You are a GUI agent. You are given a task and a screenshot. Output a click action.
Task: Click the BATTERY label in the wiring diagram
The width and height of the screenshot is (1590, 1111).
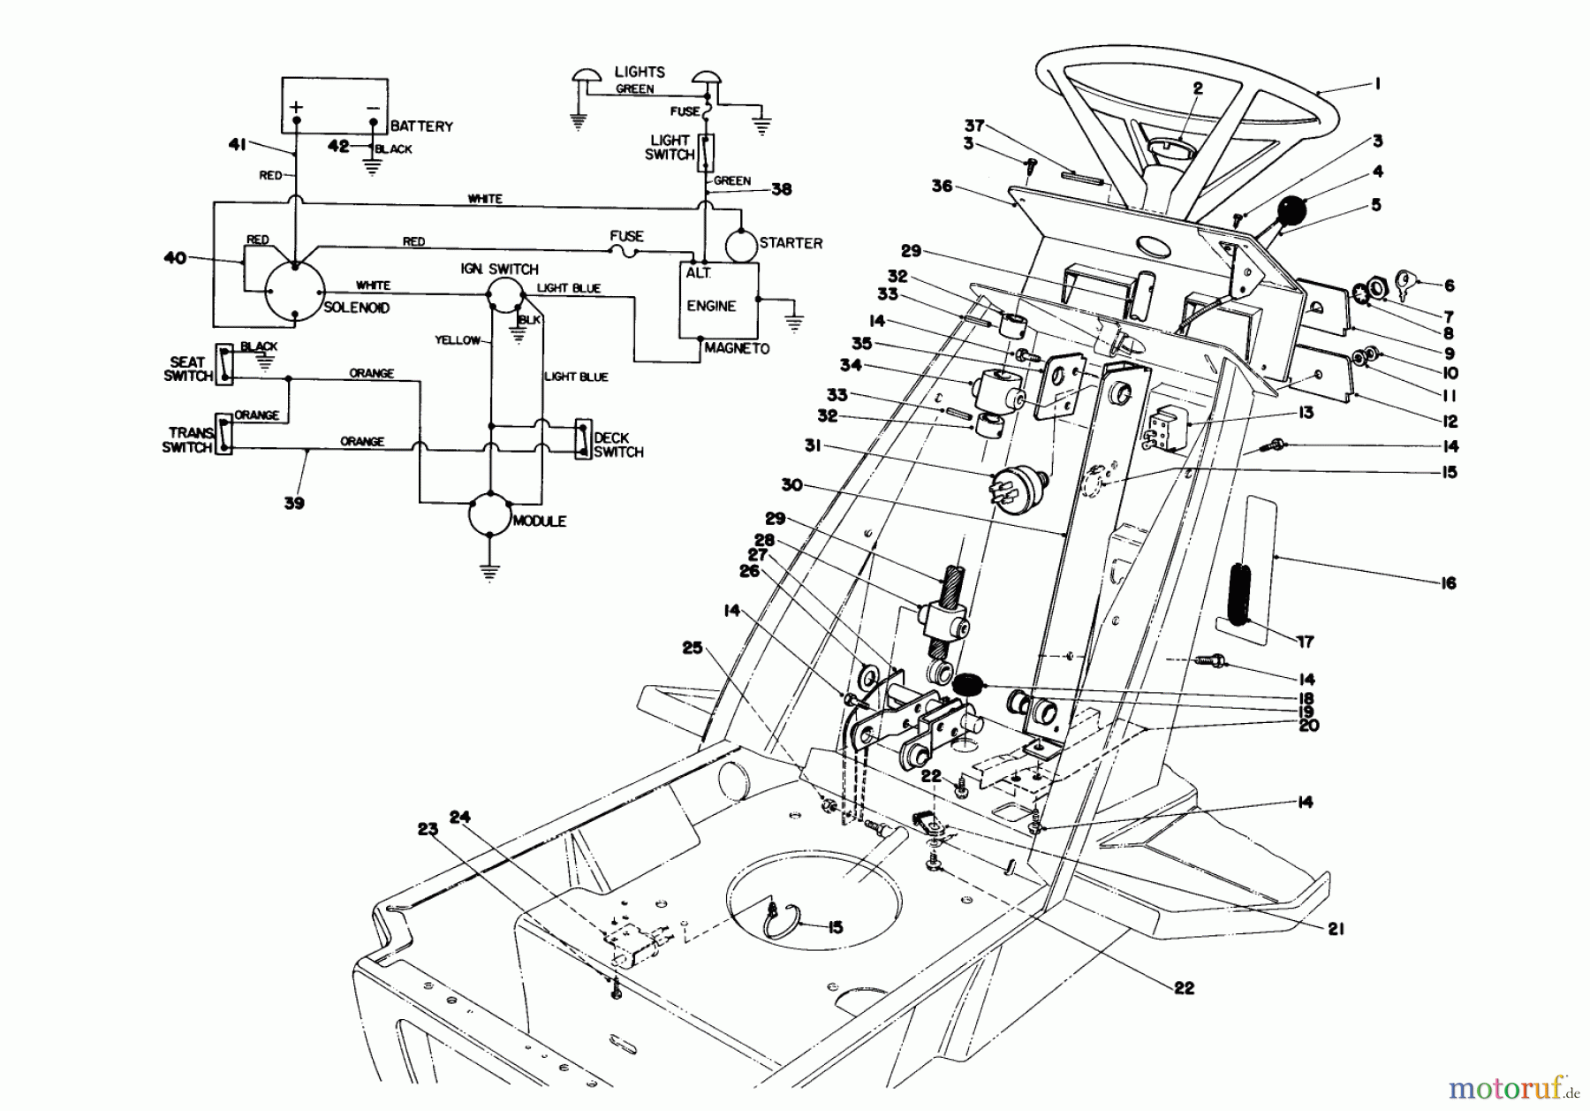tap(421, 126)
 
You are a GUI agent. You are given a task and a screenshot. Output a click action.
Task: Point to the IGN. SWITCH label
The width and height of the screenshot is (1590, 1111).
tap(499, 269)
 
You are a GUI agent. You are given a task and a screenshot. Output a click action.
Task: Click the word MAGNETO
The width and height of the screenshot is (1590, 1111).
tap(737, 348)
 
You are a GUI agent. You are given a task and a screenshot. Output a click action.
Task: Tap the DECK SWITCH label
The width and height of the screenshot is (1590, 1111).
tap(617, 445)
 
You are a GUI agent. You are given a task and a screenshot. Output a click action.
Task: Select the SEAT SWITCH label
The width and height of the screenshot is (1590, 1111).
tap(188, 369)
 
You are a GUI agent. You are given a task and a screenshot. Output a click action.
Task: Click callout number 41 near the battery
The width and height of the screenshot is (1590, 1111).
tap(236, 145)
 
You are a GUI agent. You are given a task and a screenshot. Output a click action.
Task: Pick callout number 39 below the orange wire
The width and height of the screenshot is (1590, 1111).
tap(294, 503)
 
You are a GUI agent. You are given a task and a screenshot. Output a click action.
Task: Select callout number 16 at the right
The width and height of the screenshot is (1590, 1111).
tap(1448, 582)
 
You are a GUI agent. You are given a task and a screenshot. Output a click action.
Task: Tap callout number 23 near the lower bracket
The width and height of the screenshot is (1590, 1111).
tap(428, 829)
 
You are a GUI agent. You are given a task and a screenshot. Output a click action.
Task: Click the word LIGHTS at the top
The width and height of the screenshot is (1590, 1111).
tap(640, 72)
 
